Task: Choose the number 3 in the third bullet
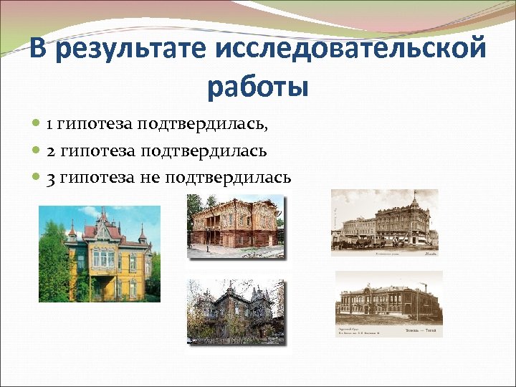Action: tap(50, 178)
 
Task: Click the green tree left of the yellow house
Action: tap(52, 265)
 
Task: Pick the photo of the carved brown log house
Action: tap(235, 226)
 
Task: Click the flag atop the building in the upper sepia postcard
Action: tap(414, 195)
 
